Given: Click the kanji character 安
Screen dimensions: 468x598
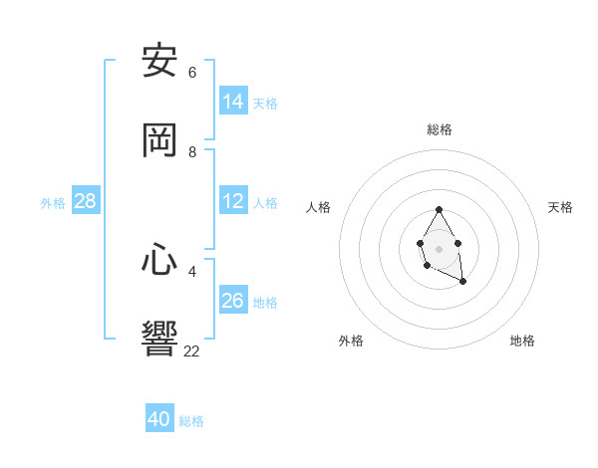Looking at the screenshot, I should tap(160, 61).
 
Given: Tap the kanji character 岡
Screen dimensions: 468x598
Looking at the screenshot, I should tap(160, 140).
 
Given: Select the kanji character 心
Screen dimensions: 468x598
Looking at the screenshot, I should tap(160, 260).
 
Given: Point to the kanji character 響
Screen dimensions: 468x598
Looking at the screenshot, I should tap(160, 340).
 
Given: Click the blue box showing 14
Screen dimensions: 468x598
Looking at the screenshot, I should tap(233, 102).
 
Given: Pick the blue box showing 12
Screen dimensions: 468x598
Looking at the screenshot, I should tap(233, 201).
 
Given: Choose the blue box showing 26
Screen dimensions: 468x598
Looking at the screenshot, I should tap(233, 301).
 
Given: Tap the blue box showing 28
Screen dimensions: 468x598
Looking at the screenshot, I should tap(86, 201).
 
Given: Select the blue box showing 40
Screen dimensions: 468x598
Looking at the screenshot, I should tap(159, 419).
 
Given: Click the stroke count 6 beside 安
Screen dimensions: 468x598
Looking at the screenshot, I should tap(192, 72).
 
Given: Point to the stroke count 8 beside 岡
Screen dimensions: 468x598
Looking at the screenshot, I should tap(192, 152).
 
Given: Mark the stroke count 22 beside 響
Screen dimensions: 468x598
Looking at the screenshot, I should tap(192, 351).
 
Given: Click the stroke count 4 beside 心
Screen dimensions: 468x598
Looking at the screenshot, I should tap(192, 271).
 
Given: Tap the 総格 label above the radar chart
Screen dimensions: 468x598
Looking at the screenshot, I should tap(440, 129).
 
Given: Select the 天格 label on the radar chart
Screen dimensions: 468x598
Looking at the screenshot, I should tap(561, 207).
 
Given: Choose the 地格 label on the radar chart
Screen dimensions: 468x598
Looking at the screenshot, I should tap(522, 341).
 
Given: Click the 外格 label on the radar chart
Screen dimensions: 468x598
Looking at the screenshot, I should tap(351, 341).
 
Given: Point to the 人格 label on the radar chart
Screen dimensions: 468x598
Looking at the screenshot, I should tap(319, 207).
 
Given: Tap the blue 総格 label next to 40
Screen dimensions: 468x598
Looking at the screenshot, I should tap(191, 421).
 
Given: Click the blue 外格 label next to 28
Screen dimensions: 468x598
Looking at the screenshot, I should tap(53, 203).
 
